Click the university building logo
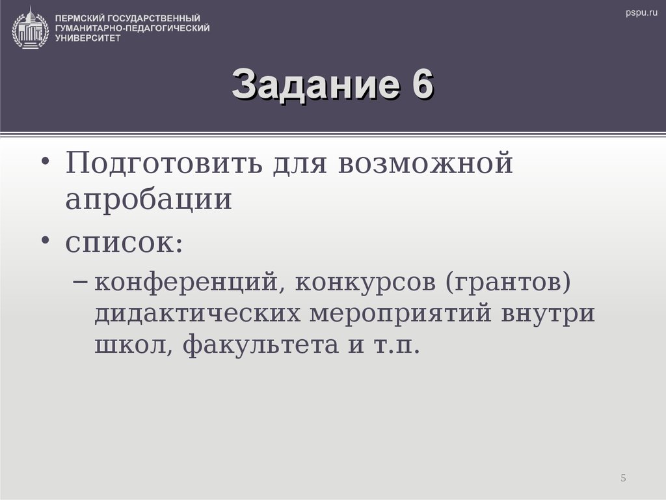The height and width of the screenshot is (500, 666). coord(31,27)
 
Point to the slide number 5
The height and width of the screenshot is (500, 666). coord(623,479)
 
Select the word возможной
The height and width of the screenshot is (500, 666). coord(425,164)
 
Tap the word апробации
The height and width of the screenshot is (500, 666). coord(148,199)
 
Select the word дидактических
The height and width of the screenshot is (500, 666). coord(198,314)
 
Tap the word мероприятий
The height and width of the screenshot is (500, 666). coord(401,314)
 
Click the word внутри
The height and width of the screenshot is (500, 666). coord(548,314)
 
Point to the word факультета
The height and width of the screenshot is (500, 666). coord(261,344)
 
